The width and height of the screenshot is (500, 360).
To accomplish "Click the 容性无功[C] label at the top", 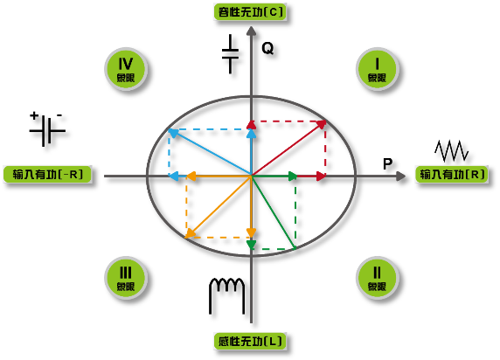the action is (250, 12).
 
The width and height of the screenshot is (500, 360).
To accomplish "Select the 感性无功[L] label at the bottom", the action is (250, 341).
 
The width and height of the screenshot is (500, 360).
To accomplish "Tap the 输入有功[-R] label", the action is (47, 175).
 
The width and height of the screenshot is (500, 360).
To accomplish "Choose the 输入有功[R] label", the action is (452, 175).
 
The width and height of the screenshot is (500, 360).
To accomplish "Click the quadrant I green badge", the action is (377, 69).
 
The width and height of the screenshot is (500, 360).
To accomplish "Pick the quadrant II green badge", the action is (377, 278).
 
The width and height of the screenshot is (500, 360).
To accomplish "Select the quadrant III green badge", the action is (126, 278).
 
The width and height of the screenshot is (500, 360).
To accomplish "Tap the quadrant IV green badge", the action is (126, 69).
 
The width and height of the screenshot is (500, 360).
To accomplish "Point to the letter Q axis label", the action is (267, 48).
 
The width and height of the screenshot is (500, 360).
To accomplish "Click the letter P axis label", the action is (387, 164).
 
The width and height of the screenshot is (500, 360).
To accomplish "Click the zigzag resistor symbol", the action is (452, 150).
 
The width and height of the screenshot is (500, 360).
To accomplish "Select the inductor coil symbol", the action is (226, 295).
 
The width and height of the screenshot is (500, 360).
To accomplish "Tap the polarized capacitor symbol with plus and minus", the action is (47, 128).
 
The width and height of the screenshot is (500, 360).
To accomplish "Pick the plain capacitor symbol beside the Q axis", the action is (230, 54).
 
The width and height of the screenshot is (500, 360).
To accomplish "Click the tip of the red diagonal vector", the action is (325, 121).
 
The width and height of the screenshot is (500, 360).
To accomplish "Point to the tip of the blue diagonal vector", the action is (169, 129).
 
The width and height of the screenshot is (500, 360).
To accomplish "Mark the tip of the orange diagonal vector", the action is (186, 238).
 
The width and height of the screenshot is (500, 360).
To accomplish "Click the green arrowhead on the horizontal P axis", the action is (293, 176).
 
